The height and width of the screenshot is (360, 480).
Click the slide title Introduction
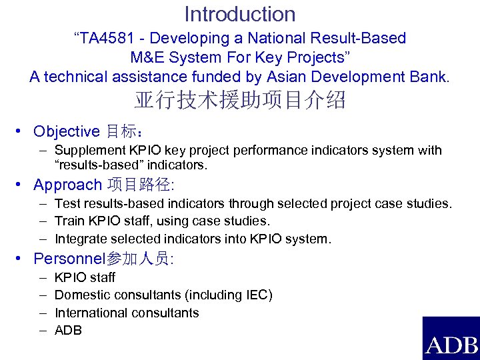[240, 14]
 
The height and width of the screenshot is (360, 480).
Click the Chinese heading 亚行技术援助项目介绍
[240, 101]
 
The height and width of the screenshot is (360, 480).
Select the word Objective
[66, 131]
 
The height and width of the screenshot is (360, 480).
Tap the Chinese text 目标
[120, 131]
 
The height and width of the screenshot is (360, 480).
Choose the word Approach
[67, 185]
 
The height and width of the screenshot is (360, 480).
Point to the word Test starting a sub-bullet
[67, 203]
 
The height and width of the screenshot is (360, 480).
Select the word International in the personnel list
[91, 313]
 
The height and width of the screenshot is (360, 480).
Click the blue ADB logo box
[451, 339]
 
